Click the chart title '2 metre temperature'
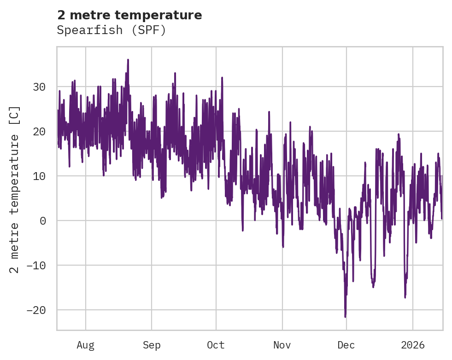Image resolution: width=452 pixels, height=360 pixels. pyautogui.click(x=129, y=15)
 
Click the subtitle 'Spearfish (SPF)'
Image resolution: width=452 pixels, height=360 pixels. pyautogui.click(x=111, y=30)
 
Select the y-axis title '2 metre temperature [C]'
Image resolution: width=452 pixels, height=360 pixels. pyautogui.click(x=15, y=190)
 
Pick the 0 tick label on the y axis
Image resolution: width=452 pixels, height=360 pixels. pyautogui.click(x=43, y=221)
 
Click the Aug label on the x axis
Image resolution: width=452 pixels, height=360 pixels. pyautogui.click(x=86, y=345)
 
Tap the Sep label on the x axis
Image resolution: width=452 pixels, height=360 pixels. pyautogui.click(x=152, y=345)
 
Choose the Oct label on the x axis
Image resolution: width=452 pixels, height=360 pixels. pyautogui.click(x=216, y=345)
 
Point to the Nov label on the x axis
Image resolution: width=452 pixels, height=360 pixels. pyautogui.click(x=282, y=345)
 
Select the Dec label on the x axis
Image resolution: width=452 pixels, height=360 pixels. pyautogui.click(x=346, y=345)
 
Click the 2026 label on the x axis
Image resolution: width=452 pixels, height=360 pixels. pyautogui.click(x=413, y=345)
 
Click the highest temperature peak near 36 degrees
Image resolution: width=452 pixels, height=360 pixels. pyautogui.click(x=128, y=60)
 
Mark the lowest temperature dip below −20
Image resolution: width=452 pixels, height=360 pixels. pyautogui.click(x=345, y=316)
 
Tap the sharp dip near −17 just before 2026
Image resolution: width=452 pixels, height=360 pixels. pyautogui.click(x=405, y=297)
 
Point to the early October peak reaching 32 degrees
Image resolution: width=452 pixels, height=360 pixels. pyautogui.click(x=222, y=78)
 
